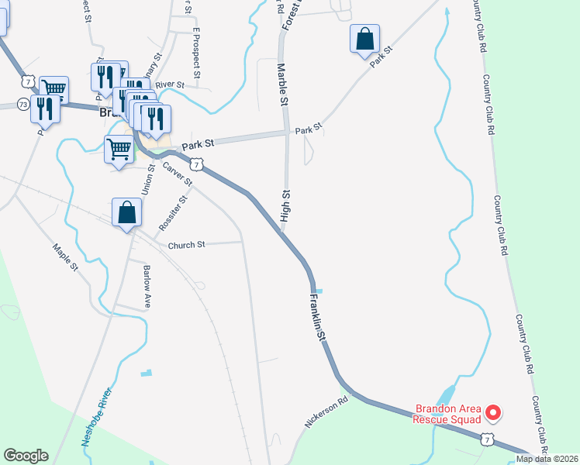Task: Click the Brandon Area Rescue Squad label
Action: pyautogui.click(x=447, y=415)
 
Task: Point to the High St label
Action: pyautogui.click(x=285, y=205)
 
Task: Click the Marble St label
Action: pyautogui.click(x=283, y=86)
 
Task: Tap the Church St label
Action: pyautogui.click(x=186, y=245)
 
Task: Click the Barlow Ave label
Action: pyautogui.click(x=146, y=288)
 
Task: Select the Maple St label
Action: pyautogui.click(x=66, y=258)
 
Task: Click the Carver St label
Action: pyautogui.click(x=178, y=173)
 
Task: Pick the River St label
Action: pyautogui.click(x=170, y=84)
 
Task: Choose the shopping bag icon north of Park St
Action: pyautogui.click(x=364, y=38)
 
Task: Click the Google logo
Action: pyautogui.click(x=26, y=456)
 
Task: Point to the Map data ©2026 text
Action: pyautogui.click(x=547, y=459)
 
